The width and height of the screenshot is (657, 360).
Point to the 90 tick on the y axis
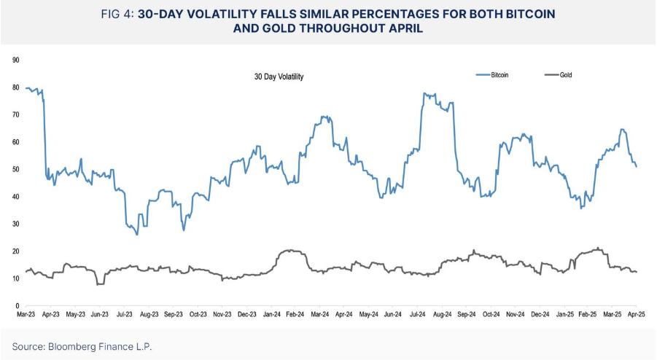click(x=15, y=60)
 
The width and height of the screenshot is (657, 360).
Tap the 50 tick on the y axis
click(x=15, y=169)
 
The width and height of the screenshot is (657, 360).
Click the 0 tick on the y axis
click(x=17, y=305)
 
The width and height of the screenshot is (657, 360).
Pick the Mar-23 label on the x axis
click(x=26, y=314)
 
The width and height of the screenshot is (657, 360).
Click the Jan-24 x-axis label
click(x=271, y=314)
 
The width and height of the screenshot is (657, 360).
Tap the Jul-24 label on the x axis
click(x=418, y=314)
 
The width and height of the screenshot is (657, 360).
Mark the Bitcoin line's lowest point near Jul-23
click(x=136, y=234)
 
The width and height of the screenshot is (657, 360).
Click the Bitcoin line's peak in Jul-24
click(x=424, y=93)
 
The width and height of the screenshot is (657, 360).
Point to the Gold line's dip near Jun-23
click(x=98, y=283)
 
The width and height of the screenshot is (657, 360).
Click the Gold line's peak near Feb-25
click(x=598, y=248)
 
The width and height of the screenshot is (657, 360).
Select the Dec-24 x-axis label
click(x=540, y=314)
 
